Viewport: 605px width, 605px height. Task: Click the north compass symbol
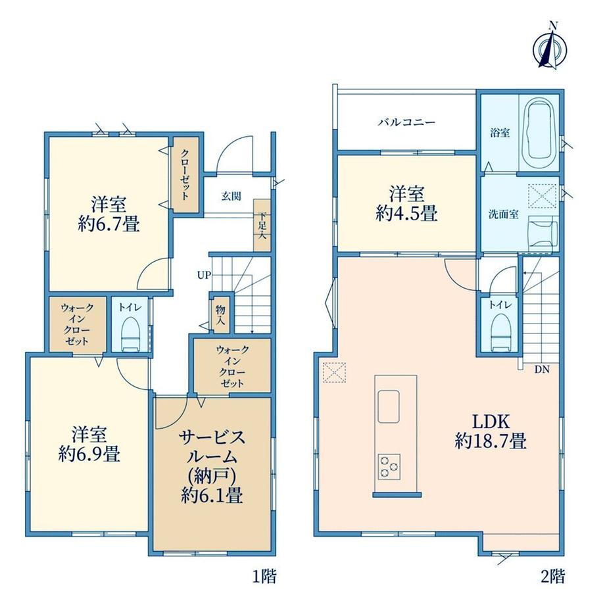[550, 48]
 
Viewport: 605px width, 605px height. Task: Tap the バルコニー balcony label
[406, 123]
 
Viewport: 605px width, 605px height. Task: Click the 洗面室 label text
[504, 214]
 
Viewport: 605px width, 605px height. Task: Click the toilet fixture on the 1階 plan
[130, 334]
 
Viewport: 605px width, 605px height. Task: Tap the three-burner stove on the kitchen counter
[389, 466]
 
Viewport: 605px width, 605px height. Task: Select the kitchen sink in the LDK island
[389, 406]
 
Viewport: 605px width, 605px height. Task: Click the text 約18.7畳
[491, 440]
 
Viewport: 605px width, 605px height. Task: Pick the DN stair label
[542, 370]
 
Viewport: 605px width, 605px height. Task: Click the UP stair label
[204, 275]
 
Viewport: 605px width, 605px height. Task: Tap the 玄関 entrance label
[231, 197]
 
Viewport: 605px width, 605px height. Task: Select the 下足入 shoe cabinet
[262, 226]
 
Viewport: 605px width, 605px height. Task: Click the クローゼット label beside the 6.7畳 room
[185, 174]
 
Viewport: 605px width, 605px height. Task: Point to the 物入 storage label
[220, 314]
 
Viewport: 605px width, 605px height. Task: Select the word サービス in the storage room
[212, 437]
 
